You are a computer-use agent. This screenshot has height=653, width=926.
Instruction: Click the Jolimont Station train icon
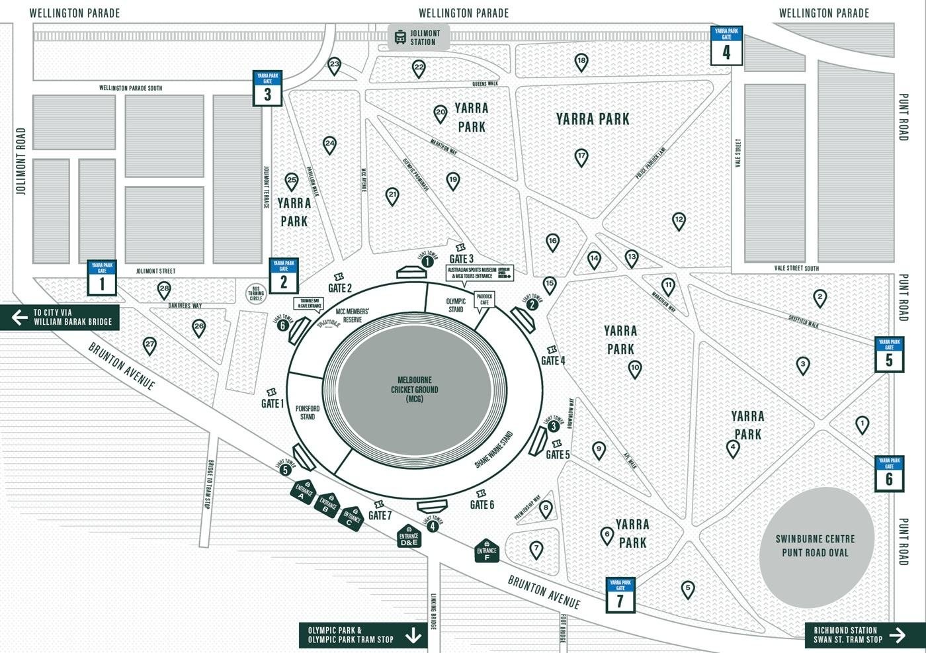pos(400,37)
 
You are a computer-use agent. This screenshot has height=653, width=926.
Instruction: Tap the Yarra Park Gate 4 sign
pos(726,46)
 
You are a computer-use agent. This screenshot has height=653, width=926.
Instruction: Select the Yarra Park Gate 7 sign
pos(620,595)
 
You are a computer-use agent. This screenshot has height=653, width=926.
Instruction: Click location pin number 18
pos(581,62)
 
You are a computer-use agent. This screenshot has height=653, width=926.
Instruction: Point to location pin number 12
pos(679,220)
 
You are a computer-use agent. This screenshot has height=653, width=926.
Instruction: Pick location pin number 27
pos(150,345)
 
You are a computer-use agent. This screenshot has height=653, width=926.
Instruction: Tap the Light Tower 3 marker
pos(553,427)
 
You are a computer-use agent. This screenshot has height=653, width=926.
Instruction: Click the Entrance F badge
pos(486,550)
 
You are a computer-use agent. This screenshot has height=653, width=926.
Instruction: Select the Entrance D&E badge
pos(409,537)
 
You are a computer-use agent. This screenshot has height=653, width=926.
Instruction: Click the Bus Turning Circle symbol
pos(256,294)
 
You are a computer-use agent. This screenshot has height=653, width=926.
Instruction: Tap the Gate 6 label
pos(482,505)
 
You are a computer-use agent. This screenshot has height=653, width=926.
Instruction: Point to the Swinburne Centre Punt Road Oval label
pos(815,546)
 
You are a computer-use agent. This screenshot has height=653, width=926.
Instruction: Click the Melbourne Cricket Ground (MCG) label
pos(414,389)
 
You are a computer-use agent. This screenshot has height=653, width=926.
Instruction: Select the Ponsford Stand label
pos(308,413)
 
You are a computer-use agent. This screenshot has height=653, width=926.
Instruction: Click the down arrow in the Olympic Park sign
pos(413,635)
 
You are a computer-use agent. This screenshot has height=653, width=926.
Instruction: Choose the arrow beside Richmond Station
pos(897,635)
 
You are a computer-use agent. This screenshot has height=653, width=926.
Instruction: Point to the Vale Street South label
pos(796,268)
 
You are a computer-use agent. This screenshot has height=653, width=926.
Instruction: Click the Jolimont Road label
pos(21,161)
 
